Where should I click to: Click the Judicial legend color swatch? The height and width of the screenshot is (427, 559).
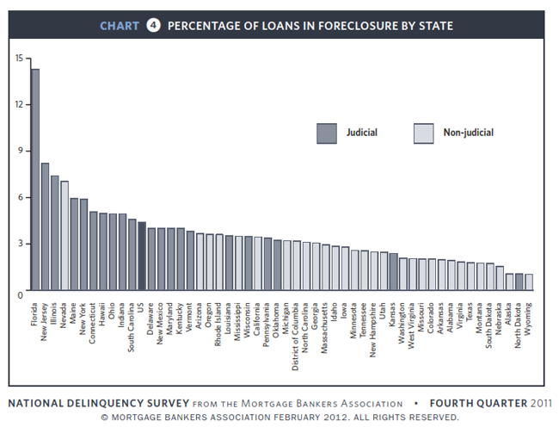pyautogui.click(x=326, y=133)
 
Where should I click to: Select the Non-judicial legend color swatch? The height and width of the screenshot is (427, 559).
pyautogui.click(x=424, y=133)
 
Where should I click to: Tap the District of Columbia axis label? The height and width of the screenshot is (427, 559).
pyautogui.click(x=297, y=331)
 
